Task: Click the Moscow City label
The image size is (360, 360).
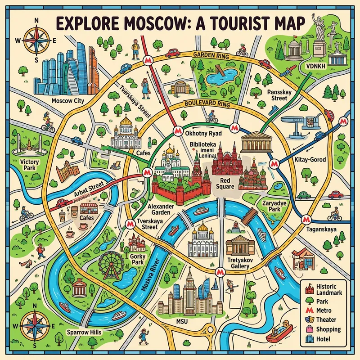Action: (x=68, y=100)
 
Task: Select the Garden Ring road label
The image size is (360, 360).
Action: (x=211, y=55)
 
